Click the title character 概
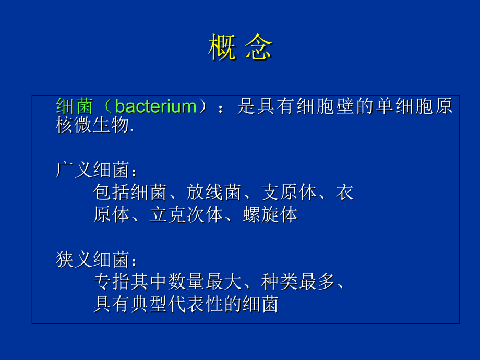click(x=222, y=48)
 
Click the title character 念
click(x=259, y=48)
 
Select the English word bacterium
click(x=155, y=107)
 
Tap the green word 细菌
click(x=75, y=107)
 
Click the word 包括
click(x=112, y=193)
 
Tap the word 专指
click(x=112, y=282)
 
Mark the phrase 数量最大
click(x=205, y=282)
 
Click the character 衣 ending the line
click(x=344, y=193)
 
